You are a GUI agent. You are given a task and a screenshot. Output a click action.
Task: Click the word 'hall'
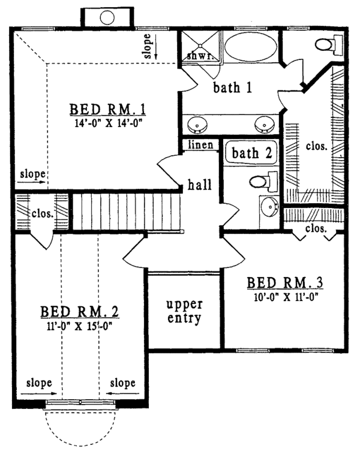(199, 185)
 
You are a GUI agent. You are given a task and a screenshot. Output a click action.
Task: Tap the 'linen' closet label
(199, 146)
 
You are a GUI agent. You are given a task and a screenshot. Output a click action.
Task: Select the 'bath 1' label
(232, 88)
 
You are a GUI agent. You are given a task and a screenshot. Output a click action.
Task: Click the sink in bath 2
(269, 207)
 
